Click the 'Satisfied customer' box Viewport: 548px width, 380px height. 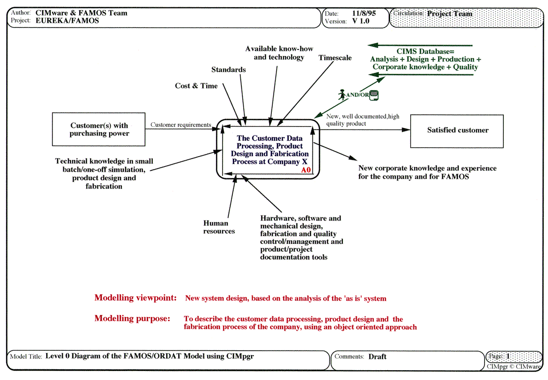(x=457, y=130)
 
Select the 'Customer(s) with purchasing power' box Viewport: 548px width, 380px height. (x=99, y=129)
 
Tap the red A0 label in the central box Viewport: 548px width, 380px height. (x=306, y=170)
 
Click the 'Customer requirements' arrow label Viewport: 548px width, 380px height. (x=181, y=125)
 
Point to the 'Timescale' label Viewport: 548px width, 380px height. (x=335, y=58)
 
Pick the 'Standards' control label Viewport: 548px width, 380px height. (x=228, y=70)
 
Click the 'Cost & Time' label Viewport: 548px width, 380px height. (x=196, y=86)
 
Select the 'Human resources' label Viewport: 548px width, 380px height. (x=219, y=227)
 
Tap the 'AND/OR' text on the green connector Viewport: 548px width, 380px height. (x=357, y=95)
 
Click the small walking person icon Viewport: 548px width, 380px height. (x=342, y=95)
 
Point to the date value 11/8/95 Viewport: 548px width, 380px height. (x=364, y=13)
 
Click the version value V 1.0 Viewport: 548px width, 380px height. (x=361, y=21)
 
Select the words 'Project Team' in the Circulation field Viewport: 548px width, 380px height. (x=449, y=14)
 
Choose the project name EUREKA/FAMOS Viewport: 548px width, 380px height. (x=67, y=21)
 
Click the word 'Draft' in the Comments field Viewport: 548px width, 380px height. (x=377, y=356)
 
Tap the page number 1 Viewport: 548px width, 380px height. (x=508, y=356)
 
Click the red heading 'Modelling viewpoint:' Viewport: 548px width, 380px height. (x=135, y=298)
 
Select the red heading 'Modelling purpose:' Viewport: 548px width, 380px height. (x=132, y=318)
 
